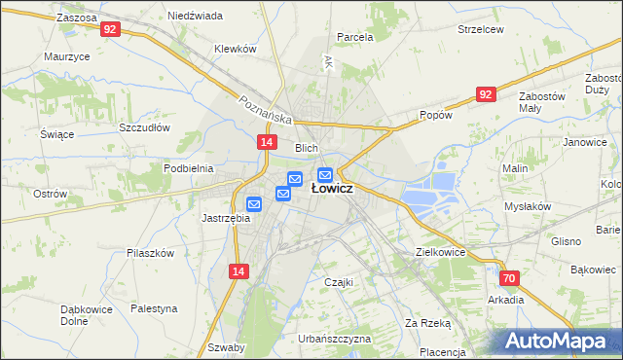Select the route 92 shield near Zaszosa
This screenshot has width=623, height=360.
pyautogui.click(x=110, y=30)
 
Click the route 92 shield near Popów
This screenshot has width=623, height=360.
pyautogui.click(x=487, y=93)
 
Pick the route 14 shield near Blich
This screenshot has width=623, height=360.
pyautogui.click(x=266, y=142)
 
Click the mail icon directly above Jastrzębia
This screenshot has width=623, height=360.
pyautogui.click(x=254, y=204)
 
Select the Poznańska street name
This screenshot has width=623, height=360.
pyautogui.click(x=266, y=109)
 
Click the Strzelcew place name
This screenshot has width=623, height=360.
pyautogui.click(x=481, y=29)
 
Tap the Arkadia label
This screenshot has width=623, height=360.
pyautogui.click(x=507, y=300)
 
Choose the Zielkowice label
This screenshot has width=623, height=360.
pyautogui.click(x=440, y=251)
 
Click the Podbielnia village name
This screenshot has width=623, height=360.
pyautogui.click(x=188, y=168)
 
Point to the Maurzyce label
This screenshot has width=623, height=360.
pyautogui.click(x=67, y=56)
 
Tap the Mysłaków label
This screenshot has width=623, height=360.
pyautogui.click(x=528, y=207)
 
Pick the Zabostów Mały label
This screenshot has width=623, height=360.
pyautogui.click(x=543, y=102)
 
